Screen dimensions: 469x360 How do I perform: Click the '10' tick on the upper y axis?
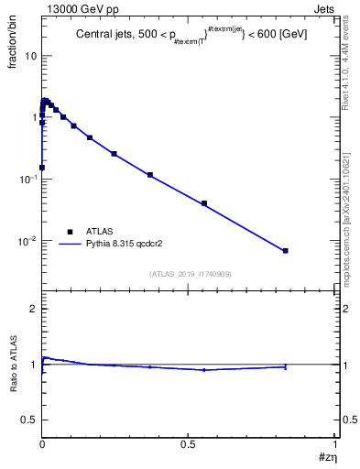pos(29,56)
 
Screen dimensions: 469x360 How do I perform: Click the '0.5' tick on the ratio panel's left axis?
pos(28,419)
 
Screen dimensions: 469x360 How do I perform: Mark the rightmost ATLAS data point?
pos(286,250)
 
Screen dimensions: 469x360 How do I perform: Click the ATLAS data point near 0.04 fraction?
pos(204,203)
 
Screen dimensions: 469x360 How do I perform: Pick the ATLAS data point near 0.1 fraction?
pos(149,175)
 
